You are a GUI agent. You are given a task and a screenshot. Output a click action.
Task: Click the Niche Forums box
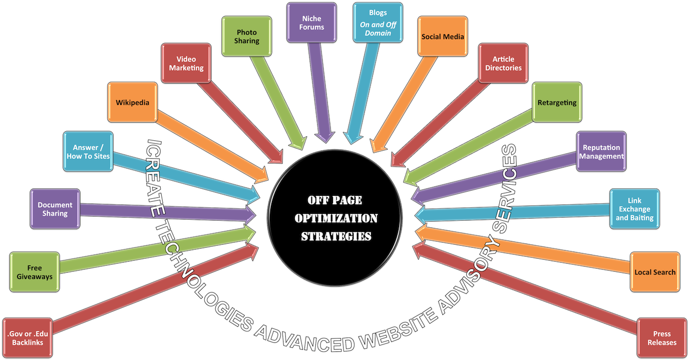coord(312,23)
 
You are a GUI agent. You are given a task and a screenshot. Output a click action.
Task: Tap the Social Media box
coord(443,37)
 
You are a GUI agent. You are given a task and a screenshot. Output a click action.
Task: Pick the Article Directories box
coord(503,63)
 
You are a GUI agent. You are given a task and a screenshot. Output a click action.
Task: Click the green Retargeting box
coord(557,103)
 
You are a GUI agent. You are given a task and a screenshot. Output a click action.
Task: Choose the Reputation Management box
coord(601,151)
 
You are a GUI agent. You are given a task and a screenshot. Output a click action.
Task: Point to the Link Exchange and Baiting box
coord(634,209)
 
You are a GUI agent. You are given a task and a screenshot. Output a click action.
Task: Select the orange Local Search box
coord(654,272)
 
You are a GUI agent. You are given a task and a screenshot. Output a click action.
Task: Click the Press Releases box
coord(661,338)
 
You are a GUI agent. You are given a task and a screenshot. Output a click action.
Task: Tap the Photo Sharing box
coord(247,36)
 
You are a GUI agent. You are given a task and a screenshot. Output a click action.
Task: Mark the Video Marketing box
coord(186,63)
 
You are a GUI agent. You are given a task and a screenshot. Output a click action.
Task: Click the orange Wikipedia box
coord(132,103)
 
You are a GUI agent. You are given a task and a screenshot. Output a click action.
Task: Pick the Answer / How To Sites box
coord(88,151)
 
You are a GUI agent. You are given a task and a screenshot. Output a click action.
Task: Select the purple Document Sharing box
coord(55,209)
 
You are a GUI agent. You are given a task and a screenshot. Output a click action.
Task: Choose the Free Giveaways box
coord(35,272)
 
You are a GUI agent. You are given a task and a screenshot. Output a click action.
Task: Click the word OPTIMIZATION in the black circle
coord(336,218)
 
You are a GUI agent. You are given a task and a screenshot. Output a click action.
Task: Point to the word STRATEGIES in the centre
coord(336,236)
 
